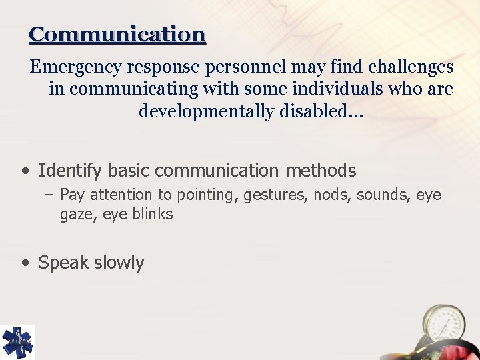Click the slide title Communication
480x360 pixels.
[117, 34]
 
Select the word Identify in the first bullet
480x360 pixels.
[69, 171]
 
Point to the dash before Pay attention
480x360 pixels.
[50, 195]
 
